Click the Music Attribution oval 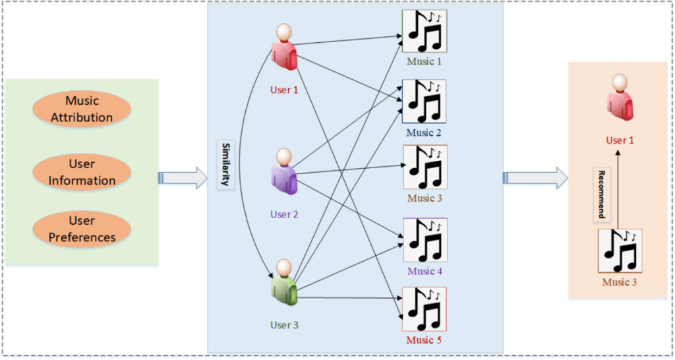81,109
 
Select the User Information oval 81,172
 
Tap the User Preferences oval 81,229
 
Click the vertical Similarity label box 225,164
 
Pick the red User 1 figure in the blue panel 285,47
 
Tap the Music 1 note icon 425,31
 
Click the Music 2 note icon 425,102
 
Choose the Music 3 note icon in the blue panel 425,168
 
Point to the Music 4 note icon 425,240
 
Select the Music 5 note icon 425,309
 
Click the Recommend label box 602,195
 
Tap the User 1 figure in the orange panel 620,98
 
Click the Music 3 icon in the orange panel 620,251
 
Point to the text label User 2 285,214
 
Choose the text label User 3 285,324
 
